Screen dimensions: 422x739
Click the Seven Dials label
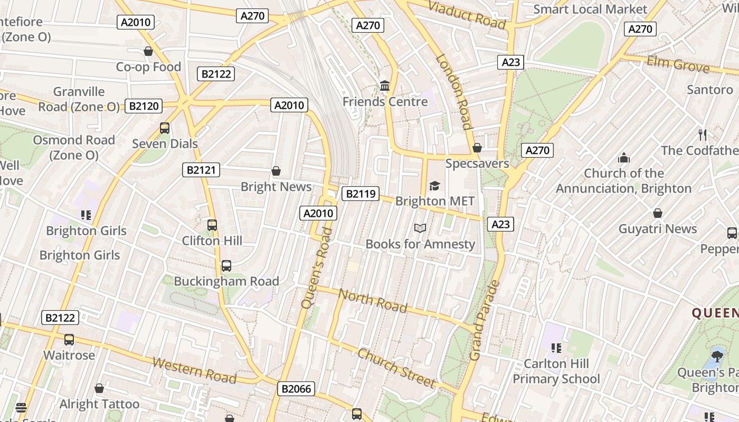[165, 143]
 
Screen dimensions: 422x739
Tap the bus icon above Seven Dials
[165, 128]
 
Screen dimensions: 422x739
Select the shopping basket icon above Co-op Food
[148, 51]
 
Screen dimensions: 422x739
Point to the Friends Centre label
[385, 101]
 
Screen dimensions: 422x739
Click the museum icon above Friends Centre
[385, 85]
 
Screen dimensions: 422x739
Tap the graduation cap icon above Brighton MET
[434, 185]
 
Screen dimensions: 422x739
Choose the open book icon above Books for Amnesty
[420, 228]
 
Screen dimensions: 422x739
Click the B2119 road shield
[361, 194]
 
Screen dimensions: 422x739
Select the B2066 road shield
[297, 389]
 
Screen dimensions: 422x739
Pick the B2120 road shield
[144, 106]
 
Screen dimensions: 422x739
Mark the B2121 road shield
[201, 170]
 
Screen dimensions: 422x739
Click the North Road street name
[373, 300]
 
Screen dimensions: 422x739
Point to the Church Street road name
[396, 368]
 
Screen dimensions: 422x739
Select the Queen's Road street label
[317, 268]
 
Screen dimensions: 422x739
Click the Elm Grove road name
[678, 64]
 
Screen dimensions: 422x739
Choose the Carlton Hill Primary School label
[556, 371]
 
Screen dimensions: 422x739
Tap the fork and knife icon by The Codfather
[702, 135]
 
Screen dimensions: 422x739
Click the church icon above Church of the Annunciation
[623, 158]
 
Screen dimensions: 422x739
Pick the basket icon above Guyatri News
[658, 213]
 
